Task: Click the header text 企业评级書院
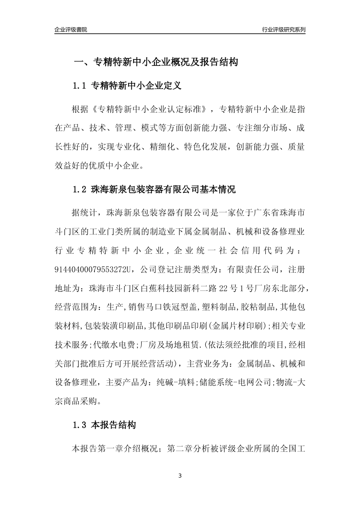pyautogui.click(x=71, y=30)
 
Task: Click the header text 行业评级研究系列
pyautogui.click(x=283, y=30)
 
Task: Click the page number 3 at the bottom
pyautogui.click(x=180, y=476)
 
